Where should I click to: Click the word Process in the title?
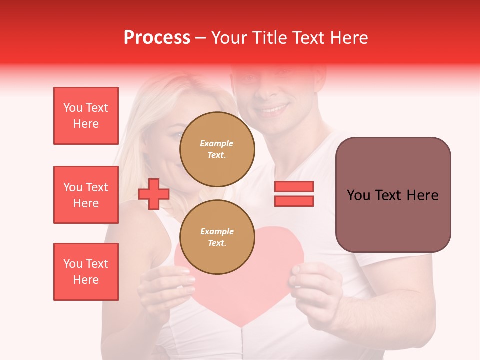[157, 38]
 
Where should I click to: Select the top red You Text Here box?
[86, 116]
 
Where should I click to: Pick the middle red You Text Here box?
[86, 195]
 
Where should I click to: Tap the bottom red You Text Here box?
[86, 272]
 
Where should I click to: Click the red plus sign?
[154, 194]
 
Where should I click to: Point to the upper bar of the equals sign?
[294, 186]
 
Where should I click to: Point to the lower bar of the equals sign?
[294, 201]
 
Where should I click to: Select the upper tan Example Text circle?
[217, 149]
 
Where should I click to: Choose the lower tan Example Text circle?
[217, 237]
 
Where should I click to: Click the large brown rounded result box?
[393, 195]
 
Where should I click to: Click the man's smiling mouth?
[273, 108]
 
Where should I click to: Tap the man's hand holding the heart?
[315, 285]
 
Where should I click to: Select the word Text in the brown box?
[392, 195]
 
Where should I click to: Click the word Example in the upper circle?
[216, 143]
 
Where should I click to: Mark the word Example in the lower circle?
[217, 231]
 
